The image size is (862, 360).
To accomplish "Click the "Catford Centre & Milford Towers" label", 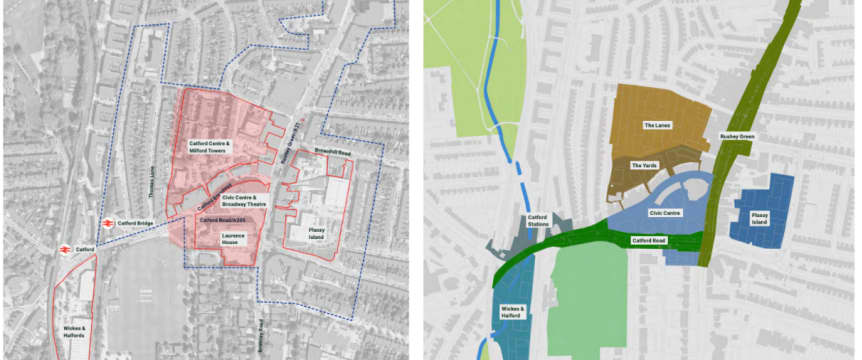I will click(210, 148).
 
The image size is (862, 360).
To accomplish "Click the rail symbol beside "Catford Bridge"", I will click(106, 223).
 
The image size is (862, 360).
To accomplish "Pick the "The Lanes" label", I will click(656, 126).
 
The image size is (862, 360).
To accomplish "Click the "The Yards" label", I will click(644, 165).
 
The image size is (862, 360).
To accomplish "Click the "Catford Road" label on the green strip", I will click(649, 241).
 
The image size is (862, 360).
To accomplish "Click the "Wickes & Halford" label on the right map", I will click(510, 314).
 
